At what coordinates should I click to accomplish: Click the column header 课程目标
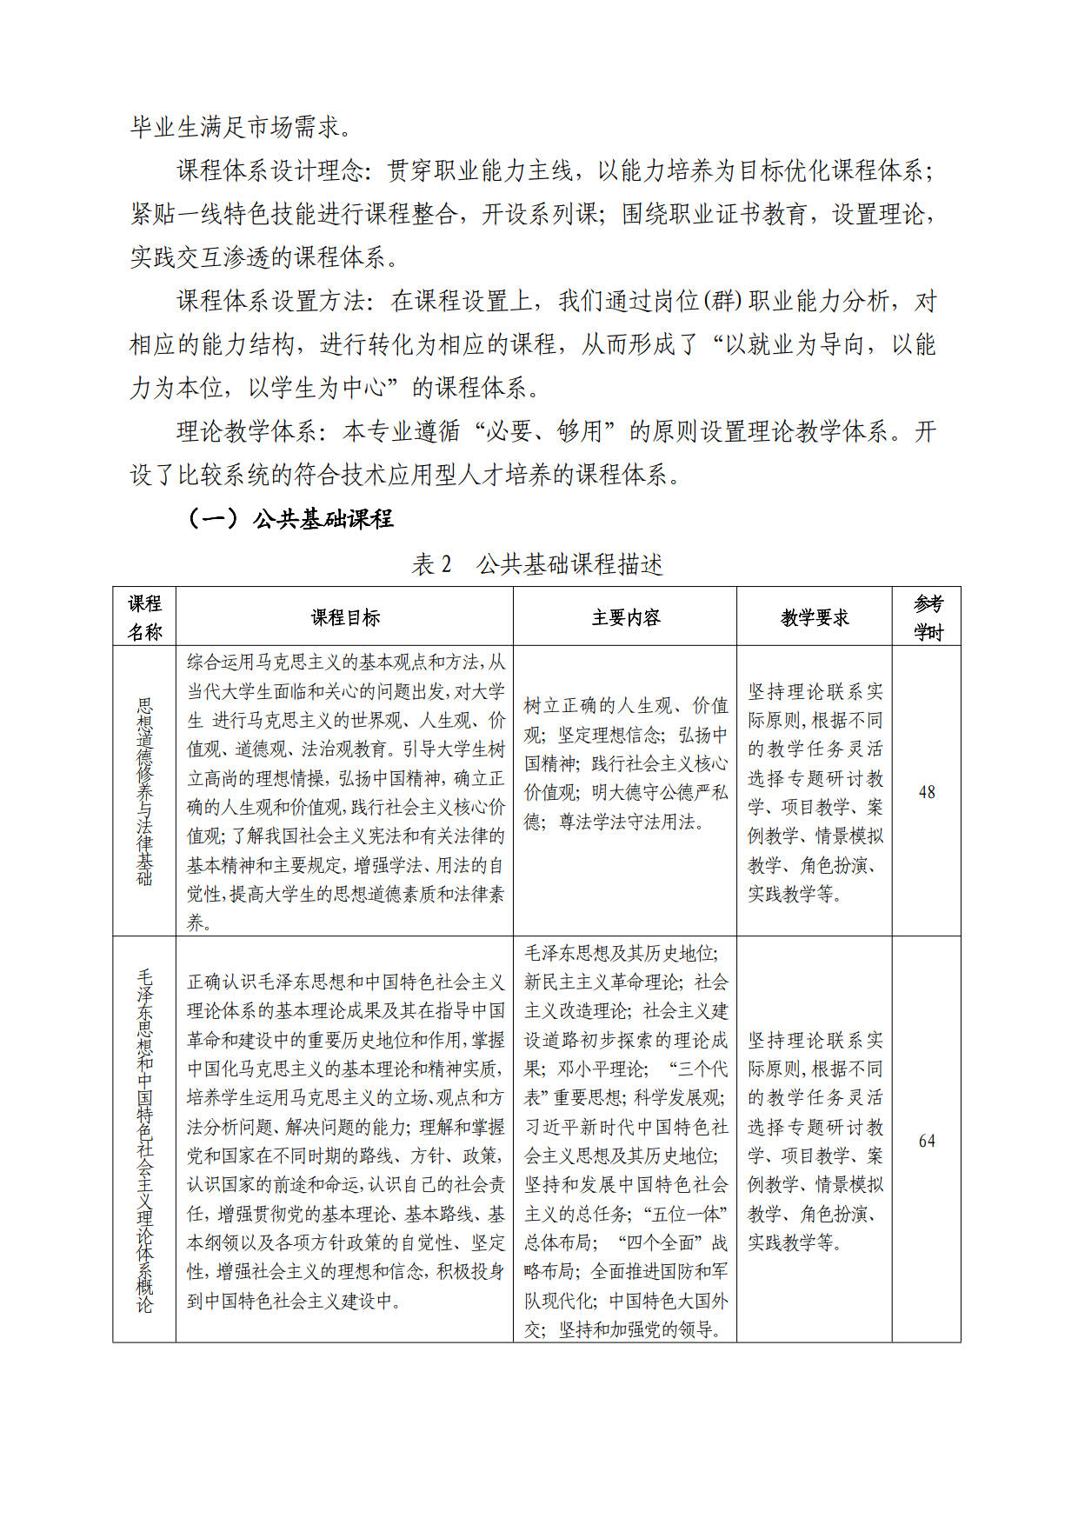click(x=345, y=617)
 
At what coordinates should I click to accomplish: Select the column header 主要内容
click(x=625, y=617)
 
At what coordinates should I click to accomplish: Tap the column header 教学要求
click(x=815, y=617)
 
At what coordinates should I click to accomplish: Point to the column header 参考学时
click(x=927, y=617)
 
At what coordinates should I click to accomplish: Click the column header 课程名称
click(x=144, y=617)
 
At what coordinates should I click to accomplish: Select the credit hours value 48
click(x=927, y=792)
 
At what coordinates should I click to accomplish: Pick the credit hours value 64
click(x=927, y=1141)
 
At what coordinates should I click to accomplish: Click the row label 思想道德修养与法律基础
click(x=144, y=791)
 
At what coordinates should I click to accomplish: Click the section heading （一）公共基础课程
click(x=290, y=519)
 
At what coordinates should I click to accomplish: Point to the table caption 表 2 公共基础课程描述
click(x=537, y=564)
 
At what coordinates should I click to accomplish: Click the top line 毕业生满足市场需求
click(x=241, y=127)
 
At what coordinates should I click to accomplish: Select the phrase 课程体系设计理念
click(x=270, y=170)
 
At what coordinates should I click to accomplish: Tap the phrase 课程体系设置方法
click(x=270, y=301)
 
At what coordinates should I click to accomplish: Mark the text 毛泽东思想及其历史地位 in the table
click(x=619, y=953)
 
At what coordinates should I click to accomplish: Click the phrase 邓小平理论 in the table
click(x=602, y=1069)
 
